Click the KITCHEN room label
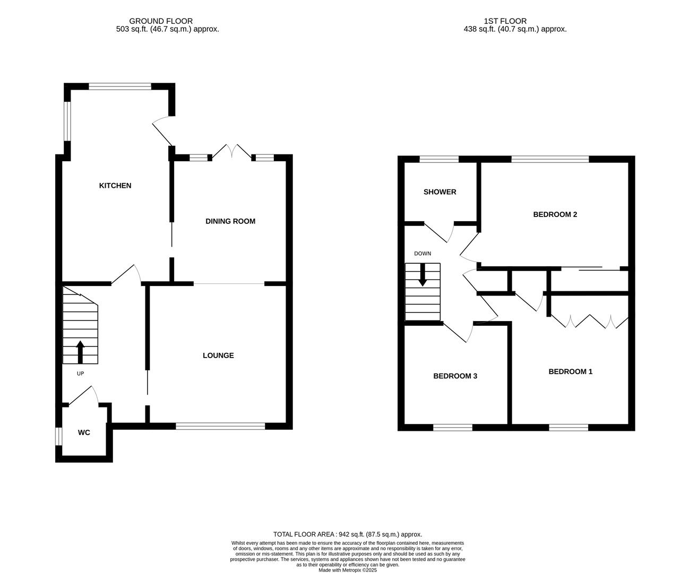click(x=115, y=186)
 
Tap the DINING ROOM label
click(x=230, y=221)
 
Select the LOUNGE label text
click(x=218, y=355)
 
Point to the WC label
click(x=84, y=432)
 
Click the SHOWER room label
click(x=439, y=192)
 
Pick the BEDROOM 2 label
click(x=555, y=215)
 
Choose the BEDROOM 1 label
click(x=570, y=372)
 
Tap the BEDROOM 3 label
click(x=455, y=376)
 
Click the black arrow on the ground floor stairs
click(x=80, y=351)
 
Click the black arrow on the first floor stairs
click(x=422, y=275)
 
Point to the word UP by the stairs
click(x=80, y=374)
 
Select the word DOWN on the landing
click(x=422, y=254)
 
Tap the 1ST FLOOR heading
click(x=497, y=21)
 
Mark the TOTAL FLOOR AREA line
click(x=347, y=534)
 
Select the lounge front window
click(x=220, y=426)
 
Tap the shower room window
click(x=439, y=159)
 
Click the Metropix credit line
click(x=347, y=570)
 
